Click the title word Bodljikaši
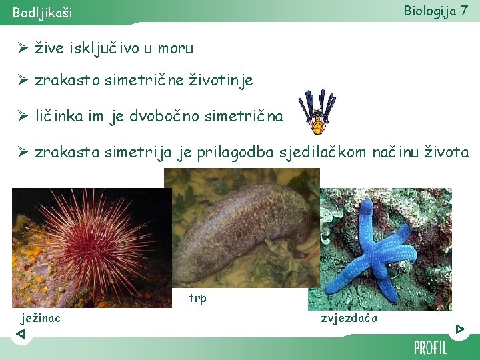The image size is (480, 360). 43,13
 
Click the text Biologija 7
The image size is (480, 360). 435,11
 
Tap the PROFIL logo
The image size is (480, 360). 430,347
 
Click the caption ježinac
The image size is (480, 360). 41,318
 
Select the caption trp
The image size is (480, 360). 197,298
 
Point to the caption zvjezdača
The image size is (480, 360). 349,318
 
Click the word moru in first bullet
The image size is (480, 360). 177,48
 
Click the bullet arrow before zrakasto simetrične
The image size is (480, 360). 22,81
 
